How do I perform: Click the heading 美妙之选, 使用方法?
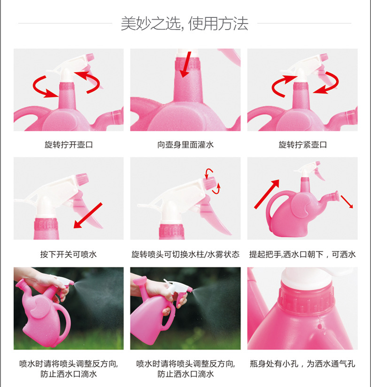point(185,23)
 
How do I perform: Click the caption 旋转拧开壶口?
point(69,145)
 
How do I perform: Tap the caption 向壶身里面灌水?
point(185,145)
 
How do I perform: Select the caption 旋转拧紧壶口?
point(302,145)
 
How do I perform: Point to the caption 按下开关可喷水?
point(69,254)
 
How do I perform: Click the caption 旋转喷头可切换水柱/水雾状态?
point(185,254)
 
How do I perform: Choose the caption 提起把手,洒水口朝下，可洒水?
point(302,254)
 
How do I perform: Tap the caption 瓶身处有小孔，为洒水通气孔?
point(302,364)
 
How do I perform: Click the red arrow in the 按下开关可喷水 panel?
point(88,216)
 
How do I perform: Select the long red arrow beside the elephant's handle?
point(267,194)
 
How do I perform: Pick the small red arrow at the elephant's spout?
point(347,201)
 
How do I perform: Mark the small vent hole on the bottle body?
point(320,327)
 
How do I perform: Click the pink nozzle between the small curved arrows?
point(209,183)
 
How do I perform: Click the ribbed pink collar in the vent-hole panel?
point(306,298)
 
